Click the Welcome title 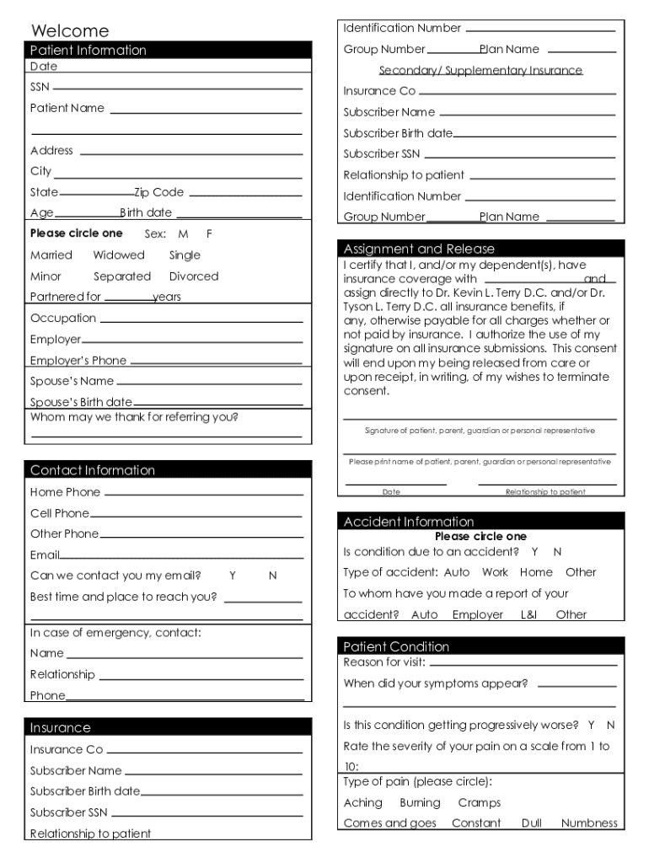(x=70, y=31)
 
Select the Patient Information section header (x=88, y=51)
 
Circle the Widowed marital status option (x=119, y=255)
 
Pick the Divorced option (x=194, y=276)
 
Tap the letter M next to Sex (x=183, y=233)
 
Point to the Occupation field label (x=63, y=319)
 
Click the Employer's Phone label (x=78, y=361)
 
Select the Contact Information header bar (x=93, y=470)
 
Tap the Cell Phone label (x=59, y=513)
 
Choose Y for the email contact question (x=232, y=576)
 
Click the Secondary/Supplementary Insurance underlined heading (x=480, y=71)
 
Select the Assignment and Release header (x=419, y=249)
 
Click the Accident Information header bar (x=409, y=522)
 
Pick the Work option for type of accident (x=495, y=572)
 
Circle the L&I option (x=528, y=615)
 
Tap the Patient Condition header (x=396, y=646)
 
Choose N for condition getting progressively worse (x=610, y=725)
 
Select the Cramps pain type (x=479, y=803)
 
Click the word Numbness (x=589, y=823)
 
